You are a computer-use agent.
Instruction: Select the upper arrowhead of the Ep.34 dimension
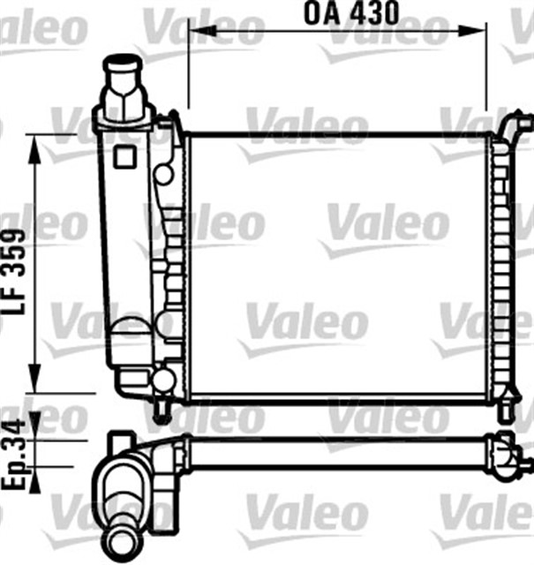[35, 431]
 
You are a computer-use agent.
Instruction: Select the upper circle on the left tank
[163, 173]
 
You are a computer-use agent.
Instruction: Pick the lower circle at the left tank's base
[163, 380]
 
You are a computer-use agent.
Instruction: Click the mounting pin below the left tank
[162, 408]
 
